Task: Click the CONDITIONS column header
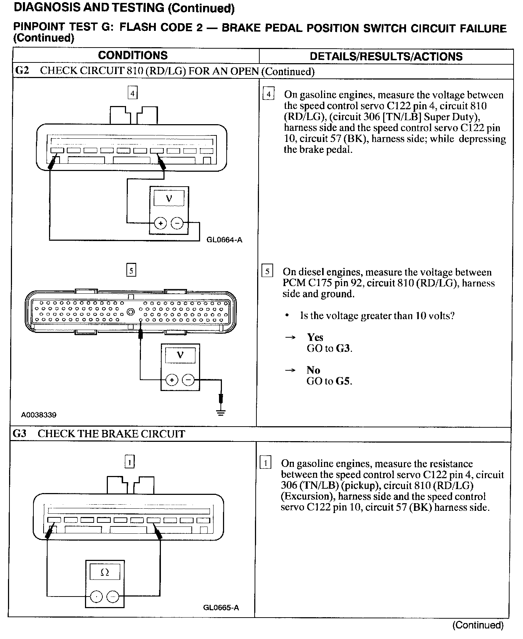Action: pos(133,56)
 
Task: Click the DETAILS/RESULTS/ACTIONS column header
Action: pos(386,57)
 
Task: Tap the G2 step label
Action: pos(22,70)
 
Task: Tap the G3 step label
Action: pos(20,434)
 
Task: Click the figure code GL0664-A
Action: pos(224,240)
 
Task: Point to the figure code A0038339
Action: pos(39,415)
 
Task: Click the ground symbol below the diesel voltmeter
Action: pos(220,412)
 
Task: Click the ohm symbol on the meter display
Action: pos(105,573)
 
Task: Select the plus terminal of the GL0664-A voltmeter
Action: pos(161,223)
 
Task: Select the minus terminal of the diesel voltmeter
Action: pos(188,380)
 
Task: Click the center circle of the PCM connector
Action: pos(131,312)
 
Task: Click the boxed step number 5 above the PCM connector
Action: pos(131,270)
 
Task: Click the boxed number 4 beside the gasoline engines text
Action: pos(268,95)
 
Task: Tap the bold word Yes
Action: pos(315,337)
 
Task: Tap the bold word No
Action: pos(313,370)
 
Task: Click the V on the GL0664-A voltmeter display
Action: pos(169,198)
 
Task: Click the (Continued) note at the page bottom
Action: pos(478,625)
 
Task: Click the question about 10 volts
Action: pos(377,316)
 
